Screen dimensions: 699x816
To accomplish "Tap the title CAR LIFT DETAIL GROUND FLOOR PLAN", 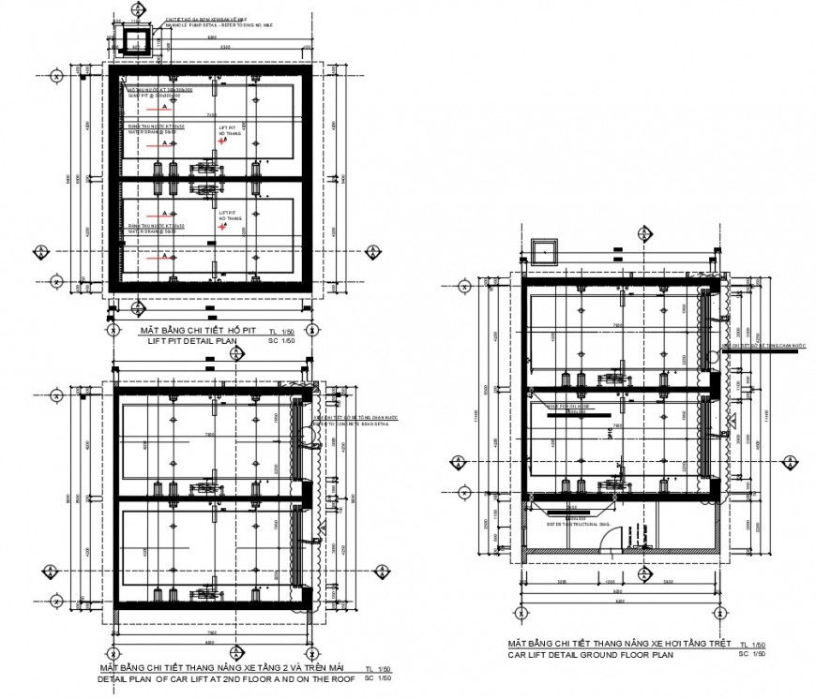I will [x=591, y=655].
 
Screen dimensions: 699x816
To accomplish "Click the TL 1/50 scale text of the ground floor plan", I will [x=753, y=645].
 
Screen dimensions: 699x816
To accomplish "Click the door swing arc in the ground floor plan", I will [x=609, y=537].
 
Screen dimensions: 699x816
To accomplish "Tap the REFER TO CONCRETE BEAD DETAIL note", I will [x=355, y=424].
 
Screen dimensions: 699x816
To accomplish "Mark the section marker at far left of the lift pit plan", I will [x=39, y=251].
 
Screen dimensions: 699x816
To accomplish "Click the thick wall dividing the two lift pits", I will [x=211, y=178].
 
